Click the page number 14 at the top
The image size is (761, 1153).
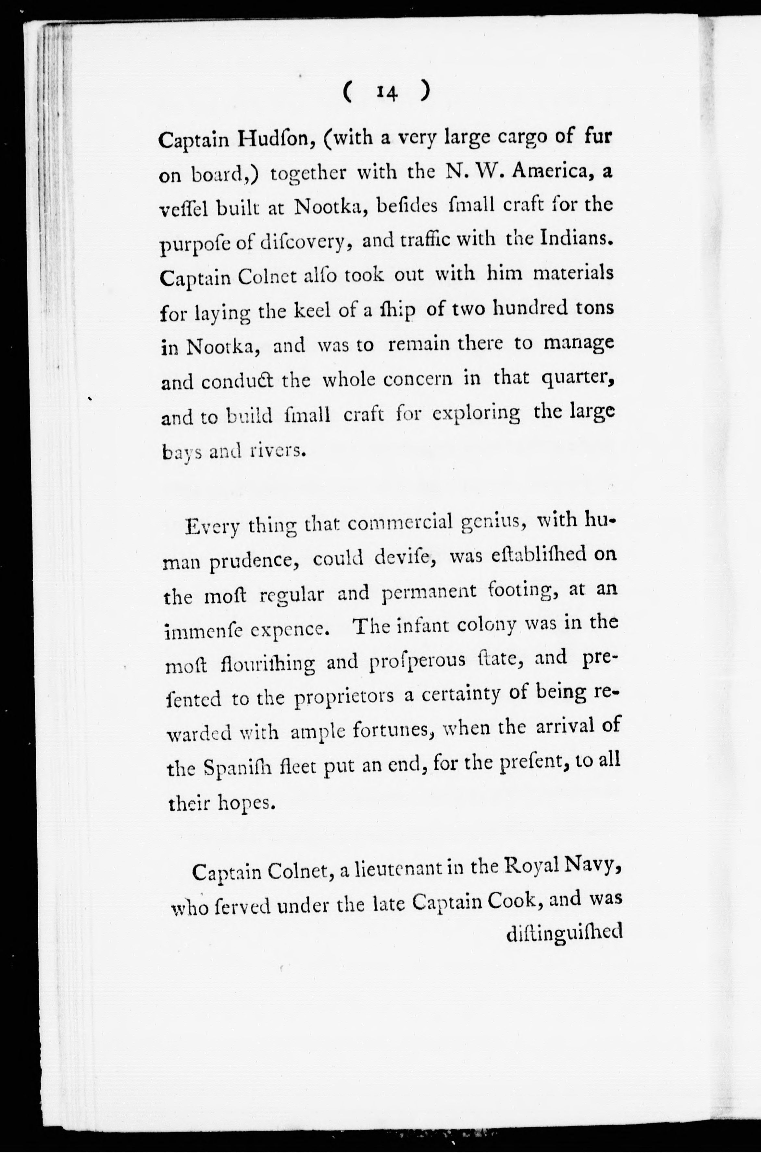pyautogui.click(x=386, y=92)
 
